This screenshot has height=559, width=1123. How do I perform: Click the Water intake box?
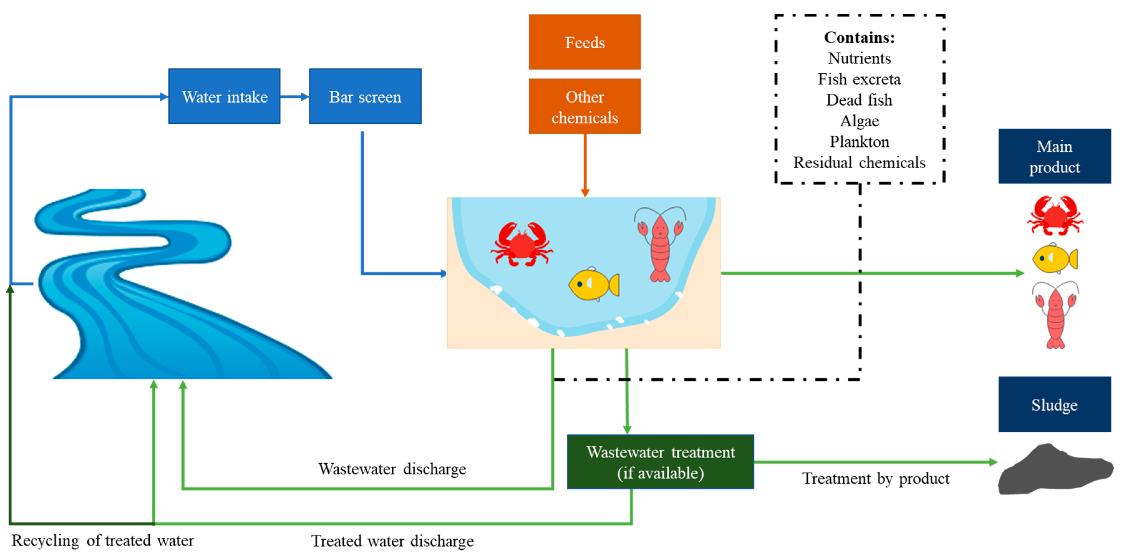[x=224, y=96]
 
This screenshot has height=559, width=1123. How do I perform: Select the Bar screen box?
[x=365, y=96]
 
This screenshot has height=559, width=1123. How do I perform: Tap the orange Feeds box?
[x=585, y=42]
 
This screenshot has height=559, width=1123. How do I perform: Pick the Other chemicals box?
[x=585, y=107]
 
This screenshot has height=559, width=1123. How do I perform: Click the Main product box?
[x=1054, y=157]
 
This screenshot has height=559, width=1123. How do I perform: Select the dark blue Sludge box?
[x=1054, y=404]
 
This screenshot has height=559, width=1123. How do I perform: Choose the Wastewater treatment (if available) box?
[x=660, y=462]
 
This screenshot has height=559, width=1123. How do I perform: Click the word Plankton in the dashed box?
[x=859, y=142]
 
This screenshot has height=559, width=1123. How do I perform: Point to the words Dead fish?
[x=859, y=100]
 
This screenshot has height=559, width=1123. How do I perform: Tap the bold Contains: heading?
[x=859, y=37]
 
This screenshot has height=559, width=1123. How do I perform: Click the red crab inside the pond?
[x=521, y=244]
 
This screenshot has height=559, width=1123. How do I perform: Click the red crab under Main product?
[x=1055, y=216]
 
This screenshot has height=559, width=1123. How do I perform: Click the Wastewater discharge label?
[x=392, y=469]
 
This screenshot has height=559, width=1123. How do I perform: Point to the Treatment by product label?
[x=875, y=478]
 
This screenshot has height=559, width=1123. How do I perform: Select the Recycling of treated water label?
[x=103, y=540]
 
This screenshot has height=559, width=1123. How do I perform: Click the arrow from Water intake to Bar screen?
[x=295, y=97]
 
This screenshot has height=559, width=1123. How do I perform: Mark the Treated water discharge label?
[x=392, y=541]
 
